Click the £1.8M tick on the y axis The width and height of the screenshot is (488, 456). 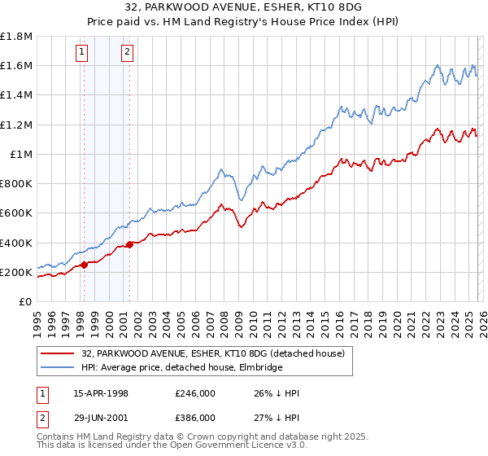click(16, 37)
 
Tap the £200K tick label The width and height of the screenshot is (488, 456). click(16, 272)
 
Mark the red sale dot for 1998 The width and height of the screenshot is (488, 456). click(84, 265)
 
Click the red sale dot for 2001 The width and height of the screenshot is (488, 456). click(129, 244)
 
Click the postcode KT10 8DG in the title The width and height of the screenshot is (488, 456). click(298, 9)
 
